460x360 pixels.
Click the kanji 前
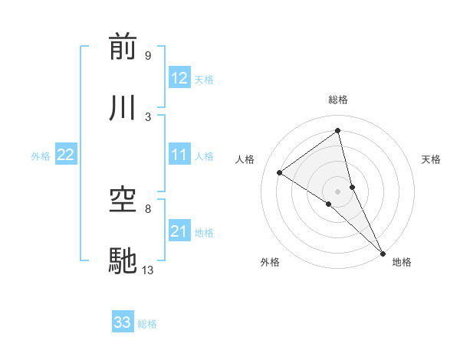[x=123, y=47]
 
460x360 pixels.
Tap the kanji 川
[x=123, y=107]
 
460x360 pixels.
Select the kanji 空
[x=123, y=200]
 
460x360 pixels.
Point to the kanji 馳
[x=123, y=261]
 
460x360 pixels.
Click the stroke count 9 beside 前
[x=147, y=56]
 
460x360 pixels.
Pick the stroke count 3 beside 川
[x=147, y=116]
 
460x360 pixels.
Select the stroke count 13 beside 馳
[x=148, y=270]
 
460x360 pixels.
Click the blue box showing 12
[x=179, y=78]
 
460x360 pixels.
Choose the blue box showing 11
[x=179, y=155]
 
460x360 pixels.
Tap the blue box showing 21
[x=179, y=231]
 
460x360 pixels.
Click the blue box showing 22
[x=66, y=155]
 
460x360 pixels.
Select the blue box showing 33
[x=123, y=322]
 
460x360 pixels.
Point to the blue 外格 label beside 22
[x=41, y=156]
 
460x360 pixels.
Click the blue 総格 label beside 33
[x=147, y=324]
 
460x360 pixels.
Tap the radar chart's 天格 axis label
[x=432, y=159]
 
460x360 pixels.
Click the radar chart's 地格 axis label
[x=402, y=262]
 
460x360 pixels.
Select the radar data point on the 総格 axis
[x=338, y=131]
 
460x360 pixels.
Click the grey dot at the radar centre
[x=338, y=191]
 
